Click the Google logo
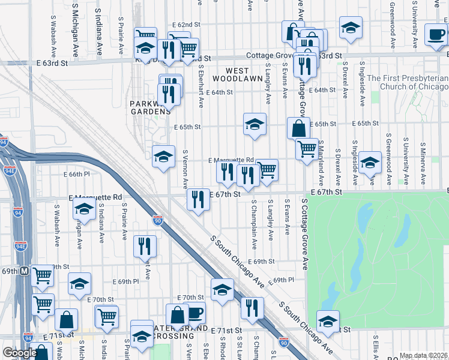(20, 353)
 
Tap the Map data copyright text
(423, 355)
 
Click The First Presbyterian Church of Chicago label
(408, 82)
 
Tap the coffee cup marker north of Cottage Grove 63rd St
(435, 35)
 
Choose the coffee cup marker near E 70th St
(194, 313)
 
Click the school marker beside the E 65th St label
(255, 125)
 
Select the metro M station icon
(24, 271)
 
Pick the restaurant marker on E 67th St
(198, 200)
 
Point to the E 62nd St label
(185, 25)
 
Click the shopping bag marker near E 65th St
(298, 128)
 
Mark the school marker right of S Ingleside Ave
(370, 163)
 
